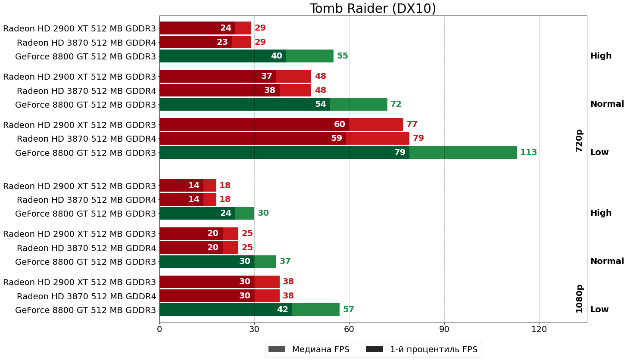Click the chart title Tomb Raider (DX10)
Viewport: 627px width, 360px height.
click(373, 9)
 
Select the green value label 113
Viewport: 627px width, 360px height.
click(528, 152)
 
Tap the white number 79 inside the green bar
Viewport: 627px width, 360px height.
click(400, 152)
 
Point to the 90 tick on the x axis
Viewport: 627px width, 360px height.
click(444, 329)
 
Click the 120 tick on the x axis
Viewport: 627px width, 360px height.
click(539, 329)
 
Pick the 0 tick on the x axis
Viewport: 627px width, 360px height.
click(159, 329)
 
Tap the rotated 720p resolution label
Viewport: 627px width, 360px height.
click(579, 140)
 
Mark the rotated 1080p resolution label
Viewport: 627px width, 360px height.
click(579, 298)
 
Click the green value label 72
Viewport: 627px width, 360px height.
click(396, 104)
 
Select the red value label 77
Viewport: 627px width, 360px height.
click(412, 124)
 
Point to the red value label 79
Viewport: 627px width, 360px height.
click(418, 138)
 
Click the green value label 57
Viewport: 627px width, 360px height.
click(348, 310)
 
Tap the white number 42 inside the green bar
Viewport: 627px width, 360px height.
click(282, 310)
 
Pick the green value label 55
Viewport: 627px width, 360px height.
click(342, 56)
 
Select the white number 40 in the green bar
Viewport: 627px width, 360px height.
click(276, 56)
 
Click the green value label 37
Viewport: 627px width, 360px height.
click(285, 261)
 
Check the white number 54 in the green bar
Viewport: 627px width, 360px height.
click(320, 104)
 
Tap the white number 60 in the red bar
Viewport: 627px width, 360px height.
click(339, 124)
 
